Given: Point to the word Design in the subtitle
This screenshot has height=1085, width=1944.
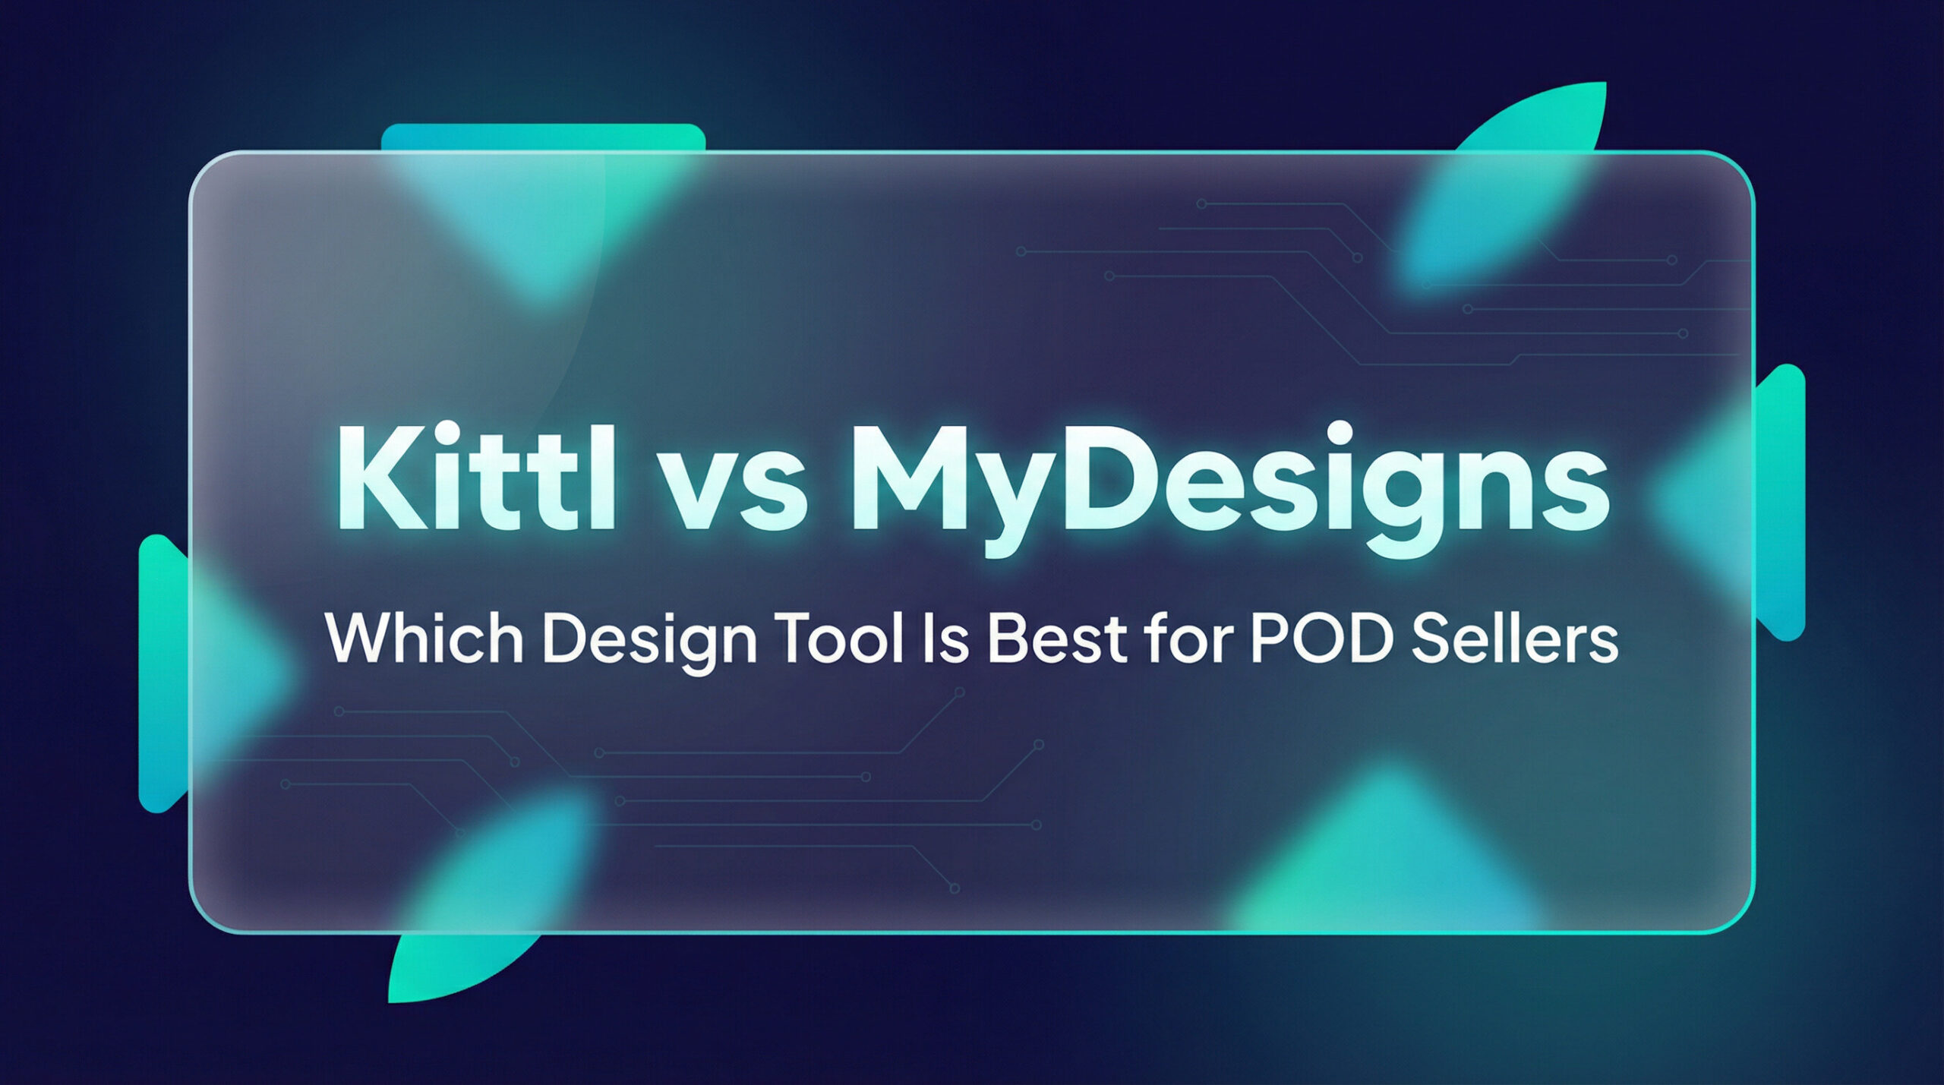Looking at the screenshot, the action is point(650,641).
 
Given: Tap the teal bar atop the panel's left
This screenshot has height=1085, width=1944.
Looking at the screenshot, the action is point(543,138).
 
